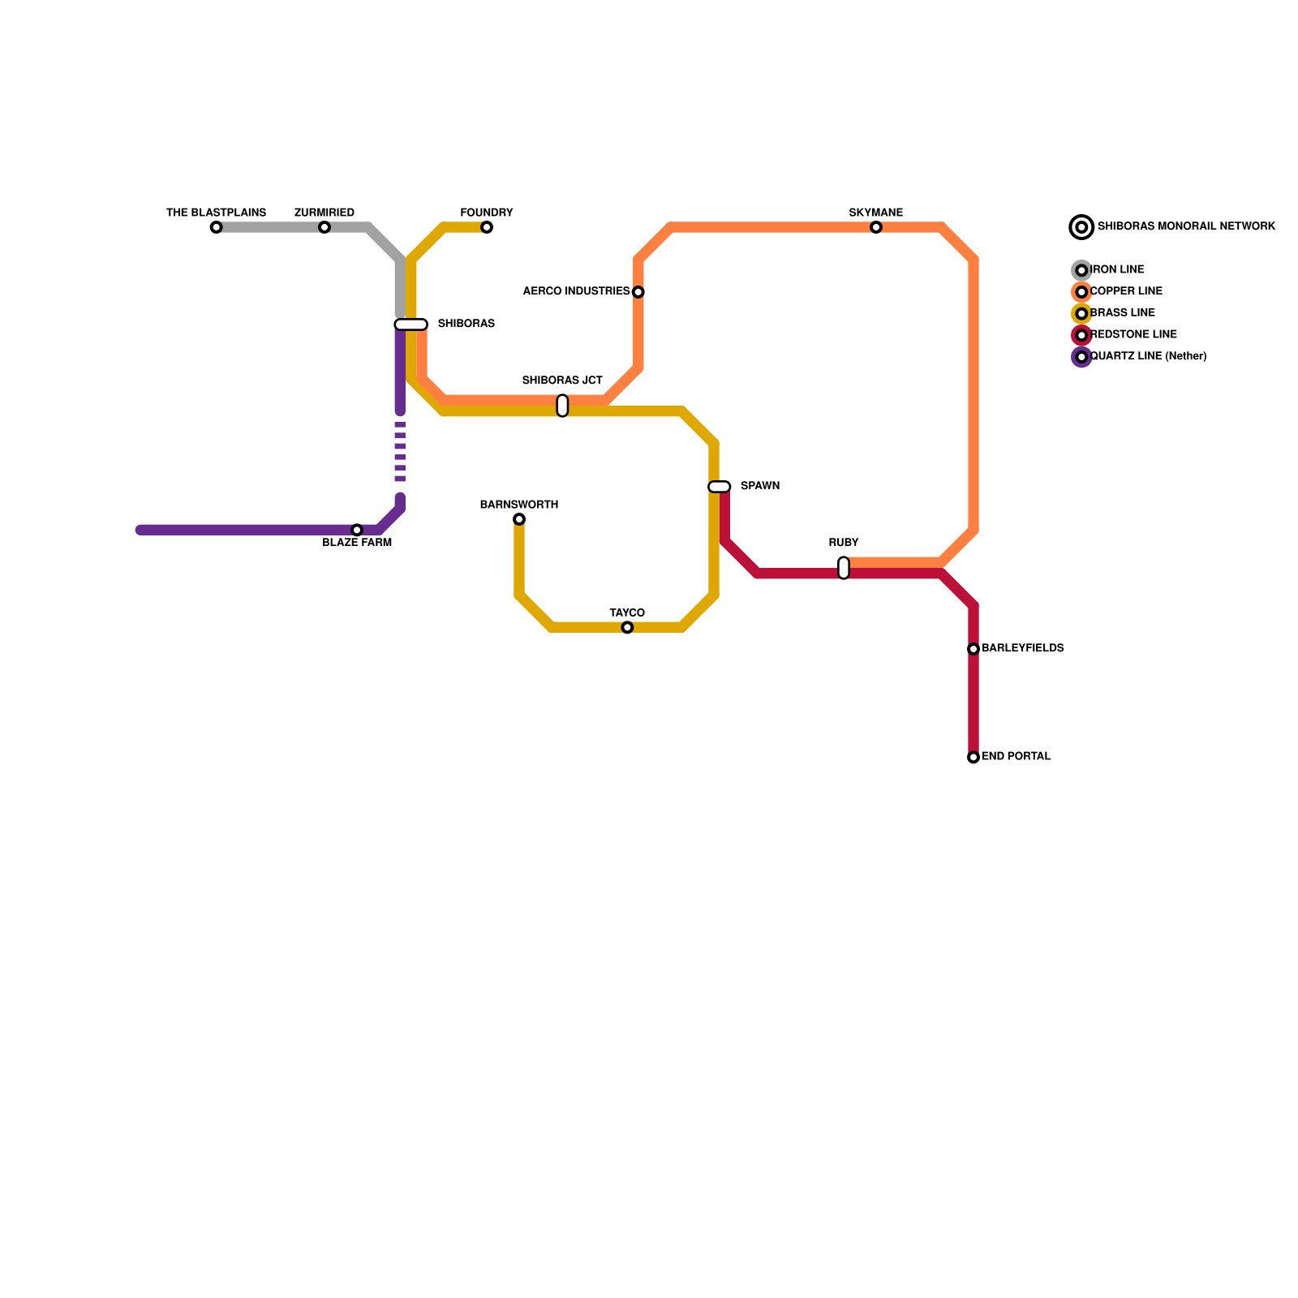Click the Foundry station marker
(487, 227)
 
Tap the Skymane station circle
(876, 227)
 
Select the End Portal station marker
(973, 758)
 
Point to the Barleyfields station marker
(973, 649)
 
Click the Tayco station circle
(627, 628)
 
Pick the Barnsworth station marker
(519, 519)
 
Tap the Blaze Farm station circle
(357, 530)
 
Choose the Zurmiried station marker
(324, 227)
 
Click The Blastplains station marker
(216, 227)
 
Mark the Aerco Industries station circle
(638, 292)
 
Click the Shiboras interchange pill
(410, 324)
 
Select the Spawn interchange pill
(720, 487)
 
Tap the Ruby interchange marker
(844, 568)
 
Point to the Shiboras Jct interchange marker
(562, 406)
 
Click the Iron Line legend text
(1117, 269)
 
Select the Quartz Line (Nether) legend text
(1148, 356)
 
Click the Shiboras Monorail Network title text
(1186, 226)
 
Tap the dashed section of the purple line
(400, 452)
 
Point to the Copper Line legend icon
(1081, 292)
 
